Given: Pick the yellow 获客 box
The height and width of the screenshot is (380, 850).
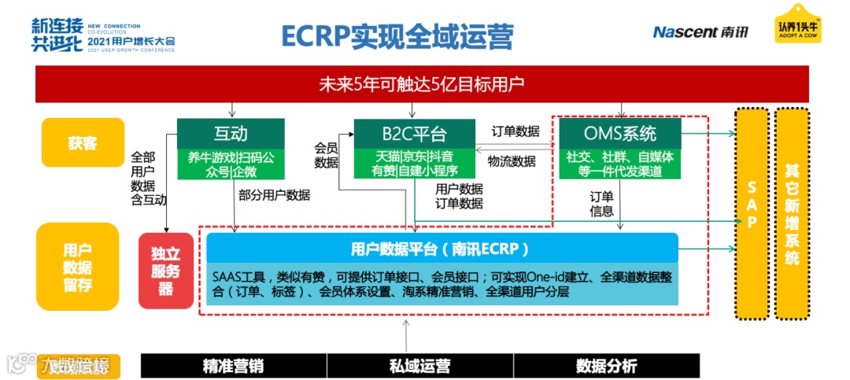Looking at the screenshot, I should pos(83,142).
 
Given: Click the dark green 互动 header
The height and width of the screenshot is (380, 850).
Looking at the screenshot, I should pos(230,131).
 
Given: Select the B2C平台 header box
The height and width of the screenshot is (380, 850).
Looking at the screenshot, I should pos(414,131).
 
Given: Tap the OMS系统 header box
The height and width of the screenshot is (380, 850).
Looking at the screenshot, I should pos(619,131).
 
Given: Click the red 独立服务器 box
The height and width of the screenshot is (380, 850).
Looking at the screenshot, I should pos(165,269).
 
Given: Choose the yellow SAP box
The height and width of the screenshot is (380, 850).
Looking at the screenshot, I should pos(752,212).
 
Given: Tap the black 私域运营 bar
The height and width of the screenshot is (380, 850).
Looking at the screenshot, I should pos(419,366).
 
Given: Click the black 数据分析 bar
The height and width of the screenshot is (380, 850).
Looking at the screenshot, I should pos(606,366).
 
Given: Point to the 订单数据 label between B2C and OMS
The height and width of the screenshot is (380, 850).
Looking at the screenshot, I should pos(516,131).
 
